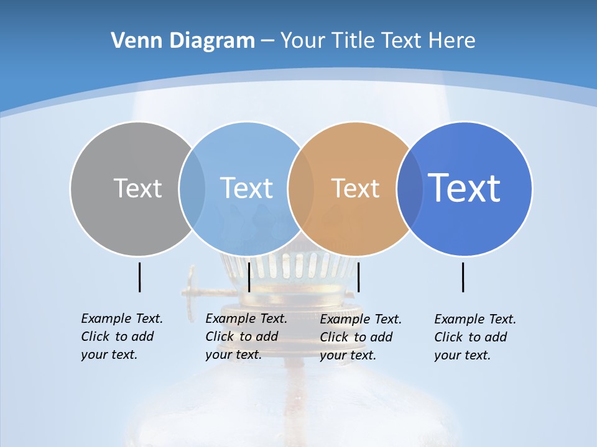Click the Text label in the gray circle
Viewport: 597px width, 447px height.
(137, 188)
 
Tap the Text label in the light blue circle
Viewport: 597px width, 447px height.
(246, 188)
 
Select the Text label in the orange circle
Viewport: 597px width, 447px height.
(355, 188)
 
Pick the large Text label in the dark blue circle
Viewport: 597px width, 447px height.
(464, 188)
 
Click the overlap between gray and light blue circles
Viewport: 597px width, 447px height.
(192, 188)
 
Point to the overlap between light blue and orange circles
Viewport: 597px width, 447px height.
(301, 188)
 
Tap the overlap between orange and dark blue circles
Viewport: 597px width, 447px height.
(410, 188)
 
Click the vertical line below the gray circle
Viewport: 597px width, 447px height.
(139, 277)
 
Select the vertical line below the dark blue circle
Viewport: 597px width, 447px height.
(463, 277)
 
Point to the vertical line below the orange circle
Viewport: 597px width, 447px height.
(359, 277)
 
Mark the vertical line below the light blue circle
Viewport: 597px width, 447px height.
(249, 277)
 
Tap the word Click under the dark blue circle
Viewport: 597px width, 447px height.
(448, 337)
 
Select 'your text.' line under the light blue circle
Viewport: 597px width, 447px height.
(233, 354)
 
